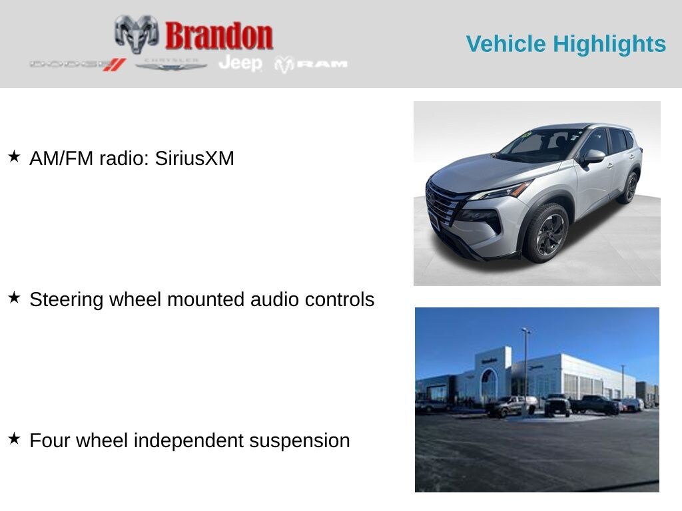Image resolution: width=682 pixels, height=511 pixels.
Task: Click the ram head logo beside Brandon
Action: [137, 33]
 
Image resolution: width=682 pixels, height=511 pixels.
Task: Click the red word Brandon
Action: [219, 36]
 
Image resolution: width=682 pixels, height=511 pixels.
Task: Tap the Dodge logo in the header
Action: [77, 65]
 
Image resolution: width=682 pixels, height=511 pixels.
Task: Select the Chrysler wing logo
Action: [171, 65]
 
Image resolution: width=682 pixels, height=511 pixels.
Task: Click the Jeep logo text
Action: [240, 63]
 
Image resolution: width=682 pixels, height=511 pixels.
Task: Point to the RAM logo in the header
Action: [311, 65]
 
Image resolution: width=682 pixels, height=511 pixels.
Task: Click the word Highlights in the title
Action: [609, 44]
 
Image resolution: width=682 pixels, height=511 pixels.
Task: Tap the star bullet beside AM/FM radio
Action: [14, 157]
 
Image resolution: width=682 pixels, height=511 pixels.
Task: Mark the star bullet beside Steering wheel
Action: [14, 298]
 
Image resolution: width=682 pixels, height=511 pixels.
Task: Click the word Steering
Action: [67, 299]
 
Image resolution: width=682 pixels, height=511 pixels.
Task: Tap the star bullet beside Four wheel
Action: [14, 439]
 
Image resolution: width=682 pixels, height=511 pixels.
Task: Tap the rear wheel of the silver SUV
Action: [629, 187]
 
